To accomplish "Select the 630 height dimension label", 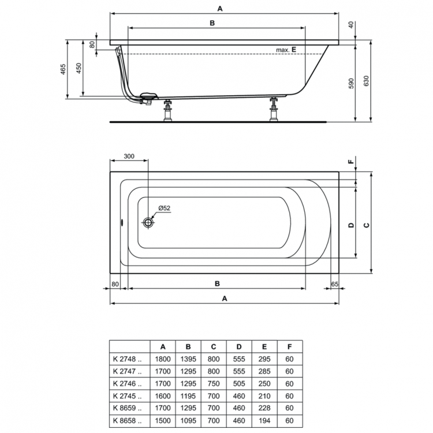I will click(x=367, y=81).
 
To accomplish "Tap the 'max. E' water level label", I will click(x=286, y=50).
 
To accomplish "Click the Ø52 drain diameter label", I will click(x=164, y=208).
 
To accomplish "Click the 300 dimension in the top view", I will click(x=129, y=156).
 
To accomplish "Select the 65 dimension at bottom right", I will click(x=335, y=283).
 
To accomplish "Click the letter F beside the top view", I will click(x=350, y=162).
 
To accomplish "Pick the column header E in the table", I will click(x=264, y=346).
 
